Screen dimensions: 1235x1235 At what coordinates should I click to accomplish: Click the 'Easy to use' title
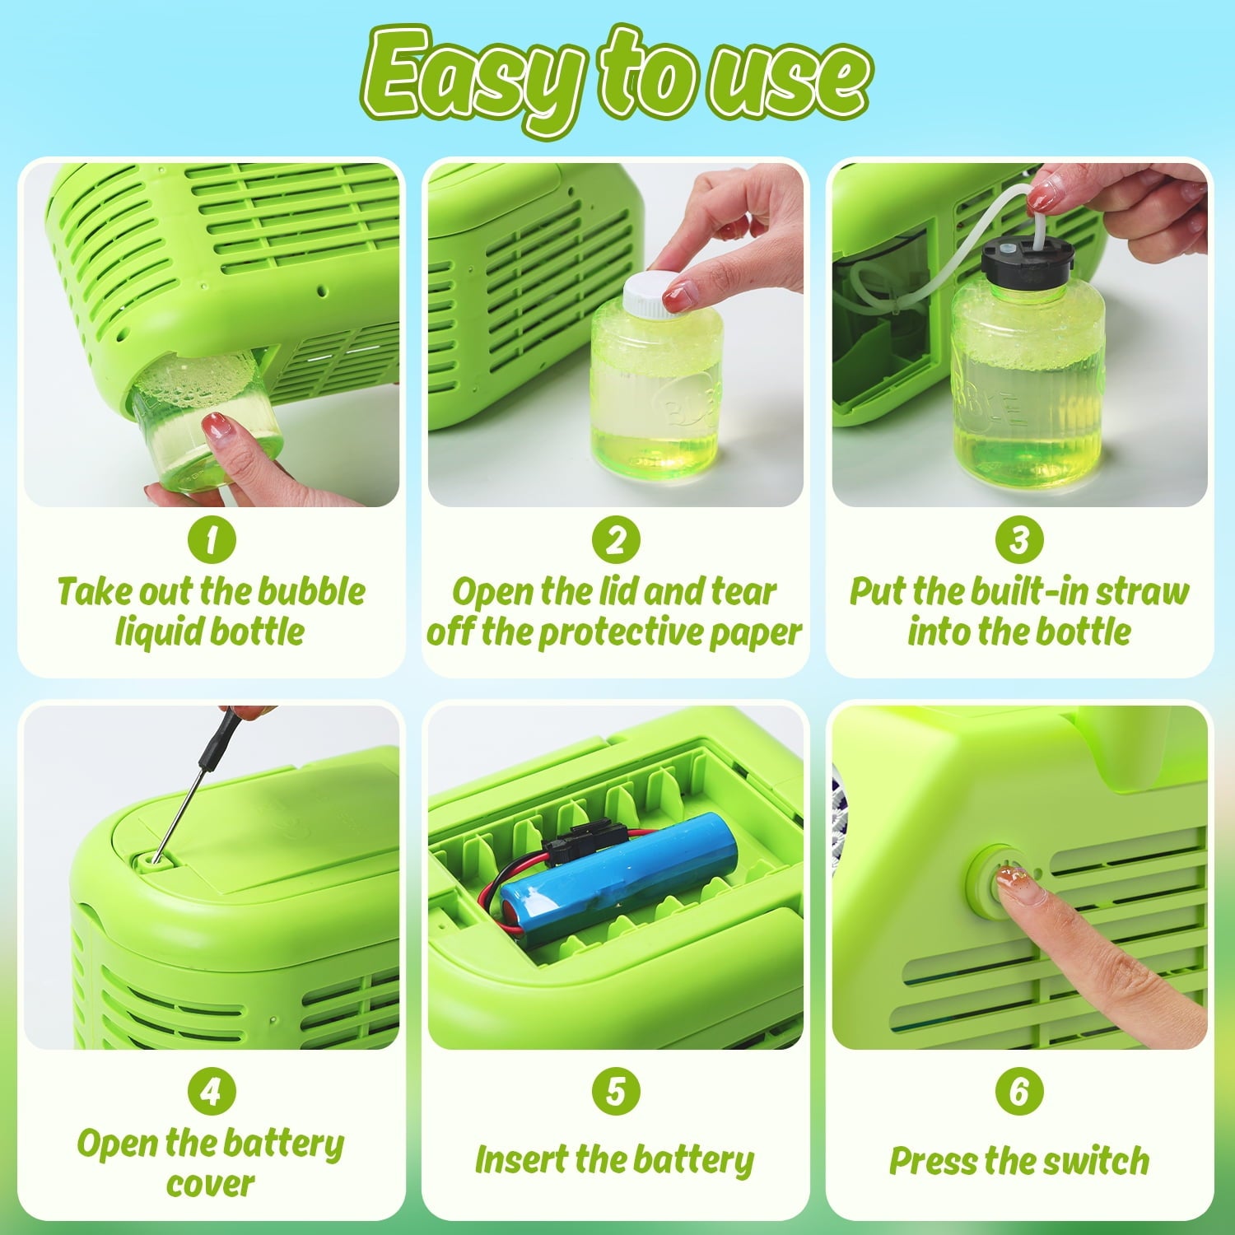tap(617, 78)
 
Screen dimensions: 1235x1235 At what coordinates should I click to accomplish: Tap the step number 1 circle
tap(212, 540)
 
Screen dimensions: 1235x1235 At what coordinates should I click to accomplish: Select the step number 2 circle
tap(616, 540)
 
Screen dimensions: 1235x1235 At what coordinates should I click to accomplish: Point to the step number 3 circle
tap(1019, 540)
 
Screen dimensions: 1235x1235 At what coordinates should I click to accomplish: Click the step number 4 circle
tap(212, 1092)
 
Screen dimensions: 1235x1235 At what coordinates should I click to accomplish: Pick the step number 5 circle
tap(616, 1092)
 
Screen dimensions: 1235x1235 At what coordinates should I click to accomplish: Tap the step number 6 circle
tap(1019, 1092)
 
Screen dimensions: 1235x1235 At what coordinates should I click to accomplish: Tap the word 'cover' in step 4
tap(211, 1185)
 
